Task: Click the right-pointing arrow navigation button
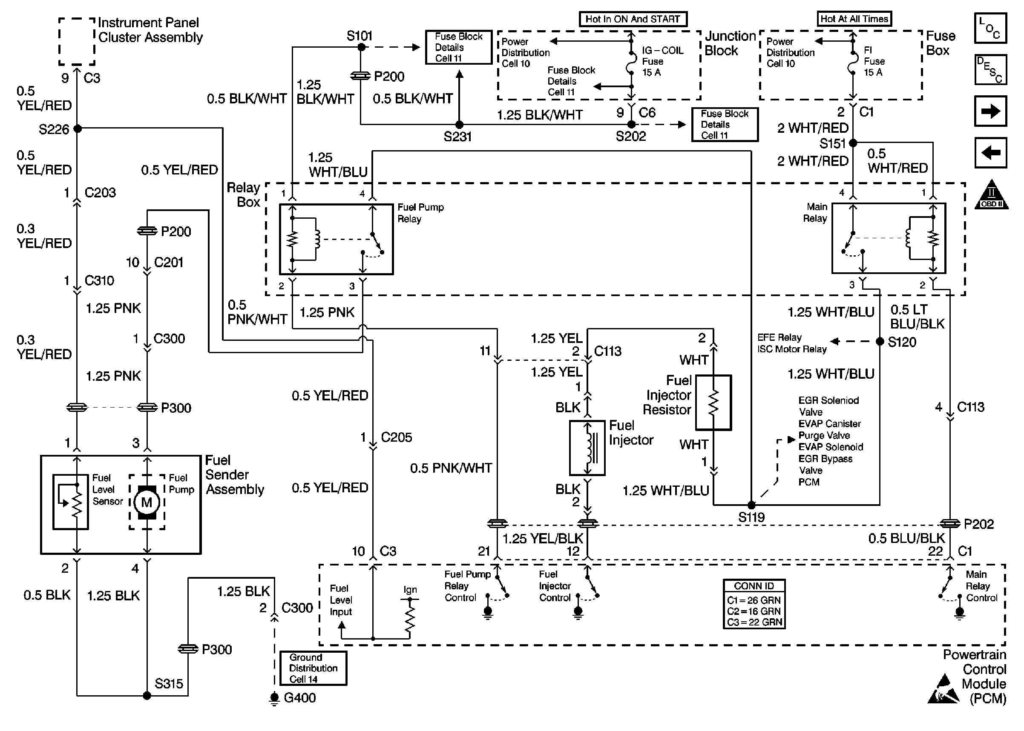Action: (x=990, y=111)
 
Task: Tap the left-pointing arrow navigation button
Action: (x=990, y=153)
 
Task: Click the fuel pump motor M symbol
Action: (x=147, y=502)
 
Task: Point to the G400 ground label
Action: (x=299, y=698)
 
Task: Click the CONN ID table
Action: (x=754, y=604)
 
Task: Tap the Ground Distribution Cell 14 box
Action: (x=313, y=668)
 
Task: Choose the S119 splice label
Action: (x=751, y=518)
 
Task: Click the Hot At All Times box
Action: (x=854, y=19)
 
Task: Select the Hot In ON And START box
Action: (x=633, y=19)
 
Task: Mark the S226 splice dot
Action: (x=78, y=129)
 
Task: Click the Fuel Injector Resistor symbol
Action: (x=713, y=403)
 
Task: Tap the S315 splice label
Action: (x=169, y=684)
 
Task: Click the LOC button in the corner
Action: (x=990, y=28)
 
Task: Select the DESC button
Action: (x=990, y=70)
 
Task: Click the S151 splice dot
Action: (x=853, y=143)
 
